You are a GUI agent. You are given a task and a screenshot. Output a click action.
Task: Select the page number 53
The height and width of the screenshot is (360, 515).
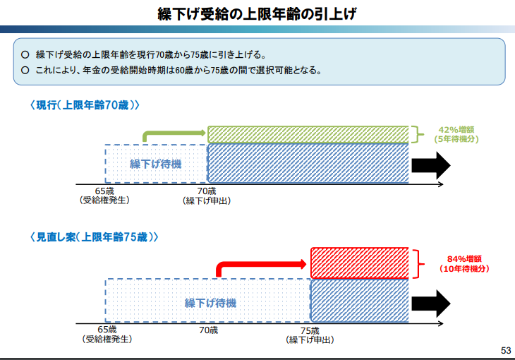coord(505,351)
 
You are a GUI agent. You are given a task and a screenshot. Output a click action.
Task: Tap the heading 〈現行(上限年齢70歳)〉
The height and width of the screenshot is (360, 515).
coord(85,105)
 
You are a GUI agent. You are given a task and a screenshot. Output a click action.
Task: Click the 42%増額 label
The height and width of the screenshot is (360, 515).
coord(456,129)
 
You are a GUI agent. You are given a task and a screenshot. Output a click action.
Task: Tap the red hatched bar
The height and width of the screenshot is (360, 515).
coord(360,262)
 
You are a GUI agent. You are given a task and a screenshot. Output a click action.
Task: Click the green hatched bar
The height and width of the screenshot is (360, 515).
coord(308,133)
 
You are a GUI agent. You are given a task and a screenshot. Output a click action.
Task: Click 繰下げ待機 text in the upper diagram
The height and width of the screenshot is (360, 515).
coord(155,164)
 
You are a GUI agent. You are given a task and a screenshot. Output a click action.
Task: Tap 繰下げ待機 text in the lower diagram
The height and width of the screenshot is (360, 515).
coord(210,303)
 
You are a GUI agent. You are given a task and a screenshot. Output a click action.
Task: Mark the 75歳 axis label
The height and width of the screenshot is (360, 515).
coord(310,330)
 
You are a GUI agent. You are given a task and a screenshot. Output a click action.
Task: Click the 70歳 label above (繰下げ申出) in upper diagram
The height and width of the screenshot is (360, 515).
coord(207,191)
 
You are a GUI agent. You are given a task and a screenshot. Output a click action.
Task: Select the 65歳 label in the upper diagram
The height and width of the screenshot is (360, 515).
coord(105,191)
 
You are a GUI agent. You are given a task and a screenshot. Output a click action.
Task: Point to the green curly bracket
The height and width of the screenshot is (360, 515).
coord(417,133)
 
